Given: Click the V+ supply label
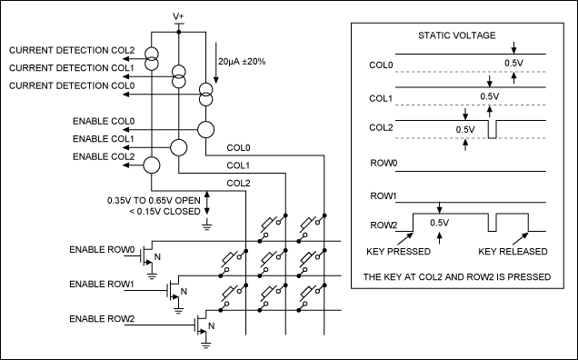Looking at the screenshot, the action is pyautogui.click(x=178, y=16).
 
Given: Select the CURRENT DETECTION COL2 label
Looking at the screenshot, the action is pyautogui.click(x=72, y=50).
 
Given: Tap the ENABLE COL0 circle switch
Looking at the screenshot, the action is pyautogui.click(x=205, y=130).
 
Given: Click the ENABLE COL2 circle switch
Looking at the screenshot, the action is pyautogui.click(x=152, y=165).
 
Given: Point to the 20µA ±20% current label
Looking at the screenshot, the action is pyautogui.click(x=242, y=62).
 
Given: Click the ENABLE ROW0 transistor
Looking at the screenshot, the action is pyautogui.click(x=147, y=255).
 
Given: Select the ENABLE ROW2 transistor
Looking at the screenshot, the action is pyautogui.click(x=202, y=324).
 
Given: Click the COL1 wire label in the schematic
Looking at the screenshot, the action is pyautogui.click(x=238, y=165).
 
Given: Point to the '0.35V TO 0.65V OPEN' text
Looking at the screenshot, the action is pyautogui.click(x=154, y=201).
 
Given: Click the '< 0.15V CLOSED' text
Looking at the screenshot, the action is pyautogui.click(x=164, y=211).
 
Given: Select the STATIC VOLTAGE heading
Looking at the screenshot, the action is pyautogui.click(x=457, y=35).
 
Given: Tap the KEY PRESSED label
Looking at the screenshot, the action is pyautogui.click(x=398, y=252).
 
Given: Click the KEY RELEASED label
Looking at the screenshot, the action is pyautogui.click(x=513, y=252).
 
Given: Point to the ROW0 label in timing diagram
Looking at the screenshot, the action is pyautogui.click(x=384, y=163).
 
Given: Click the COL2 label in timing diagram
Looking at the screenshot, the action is pyautogui.click(x=381, y=127).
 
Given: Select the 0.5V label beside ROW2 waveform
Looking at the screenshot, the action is pyautogui.click(x=439, y=223).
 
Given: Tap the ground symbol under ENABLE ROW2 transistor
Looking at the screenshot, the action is pyautogui.click(x=205, y=345).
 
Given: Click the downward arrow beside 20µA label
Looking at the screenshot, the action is pyautogui.click(x=216, y=63).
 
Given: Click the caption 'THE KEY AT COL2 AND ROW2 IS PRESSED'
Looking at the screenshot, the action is pyautogui.click(x=457, y=276).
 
